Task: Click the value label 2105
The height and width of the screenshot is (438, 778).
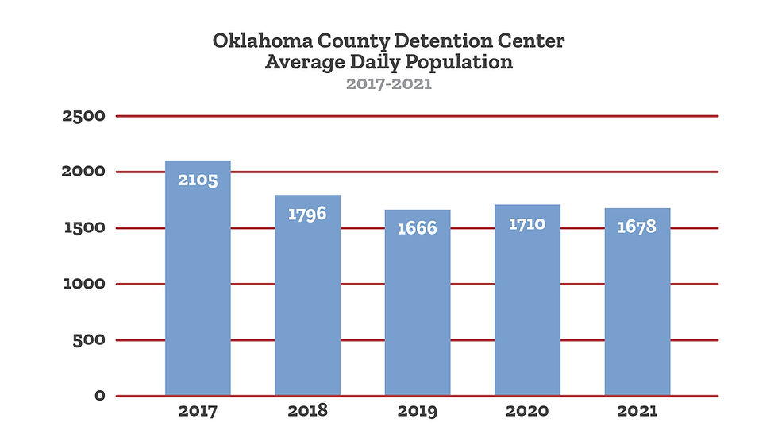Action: [198, 180]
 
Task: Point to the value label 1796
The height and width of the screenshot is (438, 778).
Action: [307, 214]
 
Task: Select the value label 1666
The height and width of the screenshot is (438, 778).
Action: [418, 228]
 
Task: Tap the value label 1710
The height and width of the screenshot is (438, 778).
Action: [527, 223]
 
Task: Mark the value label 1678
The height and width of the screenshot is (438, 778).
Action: [637, 227]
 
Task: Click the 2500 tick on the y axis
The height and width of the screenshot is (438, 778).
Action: [83, 117]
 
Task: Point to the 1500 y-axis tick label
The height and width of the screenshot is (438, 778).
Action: [84, 228]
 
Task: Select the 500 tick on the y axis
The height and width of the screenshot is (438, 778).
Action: [89, 340]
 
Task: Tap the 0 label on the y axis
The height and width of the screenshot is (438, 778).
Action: [99, 396]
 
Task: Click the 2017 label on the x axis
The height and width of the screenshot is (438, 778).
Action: [198, 412]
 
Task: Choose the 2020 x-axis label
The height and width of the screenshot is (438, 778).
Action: [527, 412]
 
